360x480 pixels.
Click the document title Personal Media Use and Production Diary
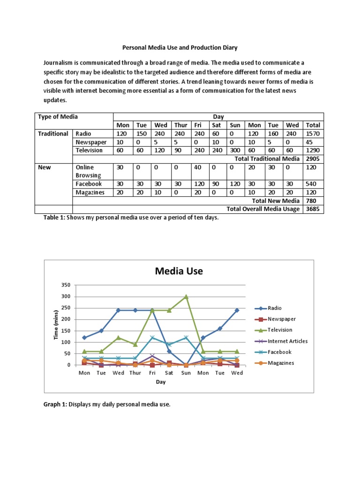coord(180,47)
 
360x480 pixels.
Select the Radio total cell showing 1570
coord(313,134)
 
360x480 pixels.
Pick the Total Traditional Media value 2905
coord(313,159)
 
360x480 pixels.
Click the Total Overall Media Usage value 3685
coord(313,209)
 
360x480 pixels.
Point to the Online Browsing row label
coord(85,172)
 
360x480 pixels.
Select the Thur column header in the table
coord(180,125)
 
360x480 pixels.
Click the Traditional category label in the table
coord(53,134)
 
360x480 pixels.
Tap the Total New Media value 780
coord(313,201)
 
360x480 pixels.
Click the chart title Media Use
coord(179,270)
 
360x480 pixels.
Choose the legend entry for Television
coord(280,330)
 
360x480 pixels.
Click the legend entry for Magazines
coord(281,363)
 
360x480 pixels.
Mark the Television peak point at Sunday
coord(186,297)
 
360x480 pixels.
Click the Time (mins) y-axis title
coord(56,325)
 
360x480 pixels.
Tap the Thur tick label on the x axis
coord(135,373)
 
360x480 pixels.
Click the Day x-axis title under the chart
coord(161,382)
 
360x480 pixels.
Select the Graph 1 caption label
coord(55,404)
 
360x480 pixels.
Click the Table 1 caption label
coord(54,218)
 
